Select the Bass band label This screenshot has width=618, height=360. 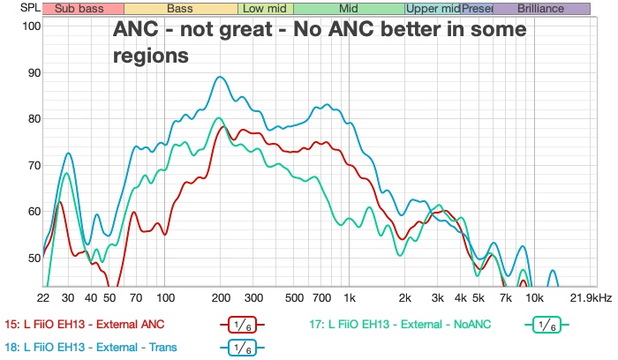click(x=180, y=9)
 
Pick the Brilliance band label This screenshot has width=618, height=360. click(x=541, y=9)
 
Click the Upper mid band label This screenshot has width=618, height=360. click(x=433, y=9)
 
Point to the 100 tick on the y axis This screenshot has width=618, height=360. click(x=32, y=26)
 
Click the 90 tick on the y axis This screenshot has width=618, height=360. click(x=34, y=72)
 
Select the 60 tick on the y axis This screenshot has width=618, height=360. click(x=34, y=212)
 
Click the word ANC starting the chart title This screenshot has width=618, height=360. click(x=136, y=29)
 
